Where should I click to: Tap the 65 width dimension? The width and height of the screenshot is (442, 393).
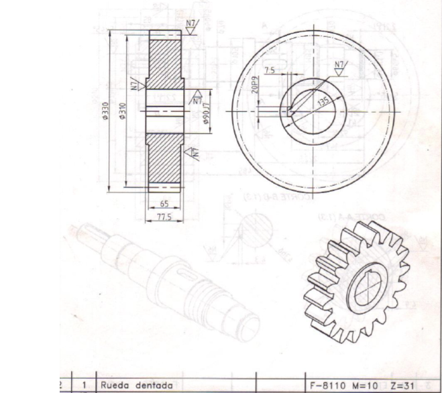point(164,204)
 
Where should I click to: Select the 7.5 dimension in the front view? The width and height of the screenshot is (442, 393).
point(270,70)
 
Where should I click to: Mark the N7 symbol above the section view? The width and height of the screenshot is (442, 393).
point(191,27)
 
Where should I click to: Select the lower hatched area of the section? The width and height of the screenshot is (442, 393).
point(165,157)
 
